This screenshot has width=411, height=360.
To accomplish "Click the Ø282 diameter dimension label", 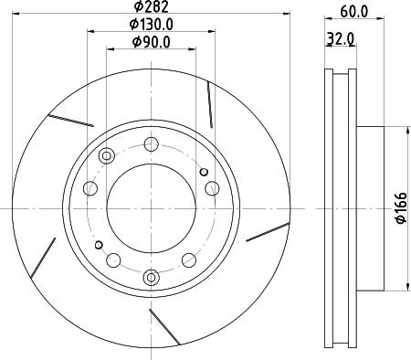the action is (x=152, y=6).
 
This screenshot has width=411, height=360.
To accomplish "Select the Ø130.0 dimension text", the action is (x=152, y=24).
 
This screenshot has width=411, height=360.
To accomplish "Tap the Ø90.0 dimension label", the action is (x=152, y=42).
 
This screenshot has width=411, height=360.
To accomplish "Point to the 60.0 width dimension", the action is (x=354, y=12).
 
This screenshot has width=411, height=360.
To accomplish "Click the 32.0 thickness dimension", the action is (x=341, y=38).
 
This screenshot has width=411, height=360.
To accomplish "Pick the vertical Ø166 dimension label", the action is (x=401, y=207).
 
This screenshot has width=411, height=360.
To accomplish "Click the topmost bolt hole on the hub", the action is (x=151, y=144).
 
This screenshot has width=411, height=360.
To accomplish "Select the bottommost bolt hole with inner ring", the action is (x=151, y=277).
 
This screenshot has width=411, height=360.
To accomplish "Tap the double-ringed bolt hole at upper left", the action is (x=107, y=156).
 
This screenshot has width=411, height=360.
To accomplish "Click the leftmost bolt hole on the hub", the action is (x=90, y=188).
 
